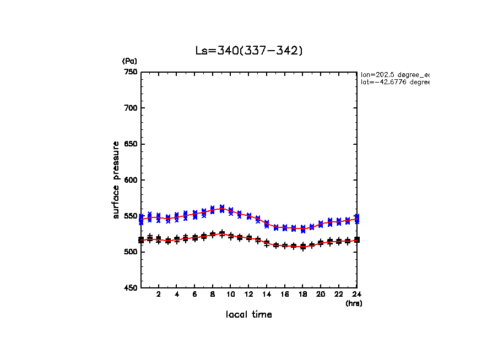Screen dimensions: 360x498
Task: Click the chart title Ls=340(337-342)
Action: [249, 51]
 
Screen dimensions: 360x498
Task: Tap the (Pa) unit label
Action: [129, 61]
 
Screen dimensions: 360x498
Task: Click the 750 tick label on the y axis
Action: [131, 72]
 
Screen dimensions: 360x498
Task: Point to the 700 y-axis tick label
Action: [131, 108]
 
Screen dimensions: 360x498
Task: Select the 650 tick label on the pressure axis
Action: [131, 144]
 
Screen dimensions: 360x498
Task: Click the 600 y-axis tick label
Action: [131, 180]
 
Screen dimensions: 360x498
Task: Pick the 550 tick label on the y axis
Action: [131, 216]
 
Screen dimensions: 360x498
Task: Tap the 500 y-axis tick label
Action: [131, 252]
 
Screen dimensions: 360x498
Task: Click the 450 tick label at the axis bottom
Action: [131, 288]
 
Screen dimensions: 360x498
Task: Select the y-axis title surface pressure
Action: [116, 180]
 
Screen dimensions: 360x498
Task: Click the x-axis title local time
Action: [249, 314]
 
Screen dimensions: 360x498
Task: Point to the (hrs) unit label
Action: [354, 303]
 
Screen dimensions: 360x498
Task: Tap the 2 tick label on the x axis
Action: [159, 294]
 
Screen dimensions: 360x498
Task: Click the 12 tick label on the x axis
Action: [249, 294]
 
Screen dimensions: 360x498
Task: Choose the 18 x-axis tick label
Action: [303, 294]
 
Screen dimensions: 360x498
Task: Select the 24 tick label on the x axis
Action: [357, 294]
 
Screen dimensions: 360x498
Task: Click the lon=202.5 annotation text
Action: [394, 74]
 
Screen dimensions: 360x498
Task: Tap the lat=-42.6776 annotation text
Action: [394, 82]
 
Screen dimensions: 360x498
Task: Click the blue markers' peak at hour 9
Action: [222, 209]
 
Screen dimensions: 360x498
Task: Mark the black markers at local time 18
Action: [303, 247]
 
